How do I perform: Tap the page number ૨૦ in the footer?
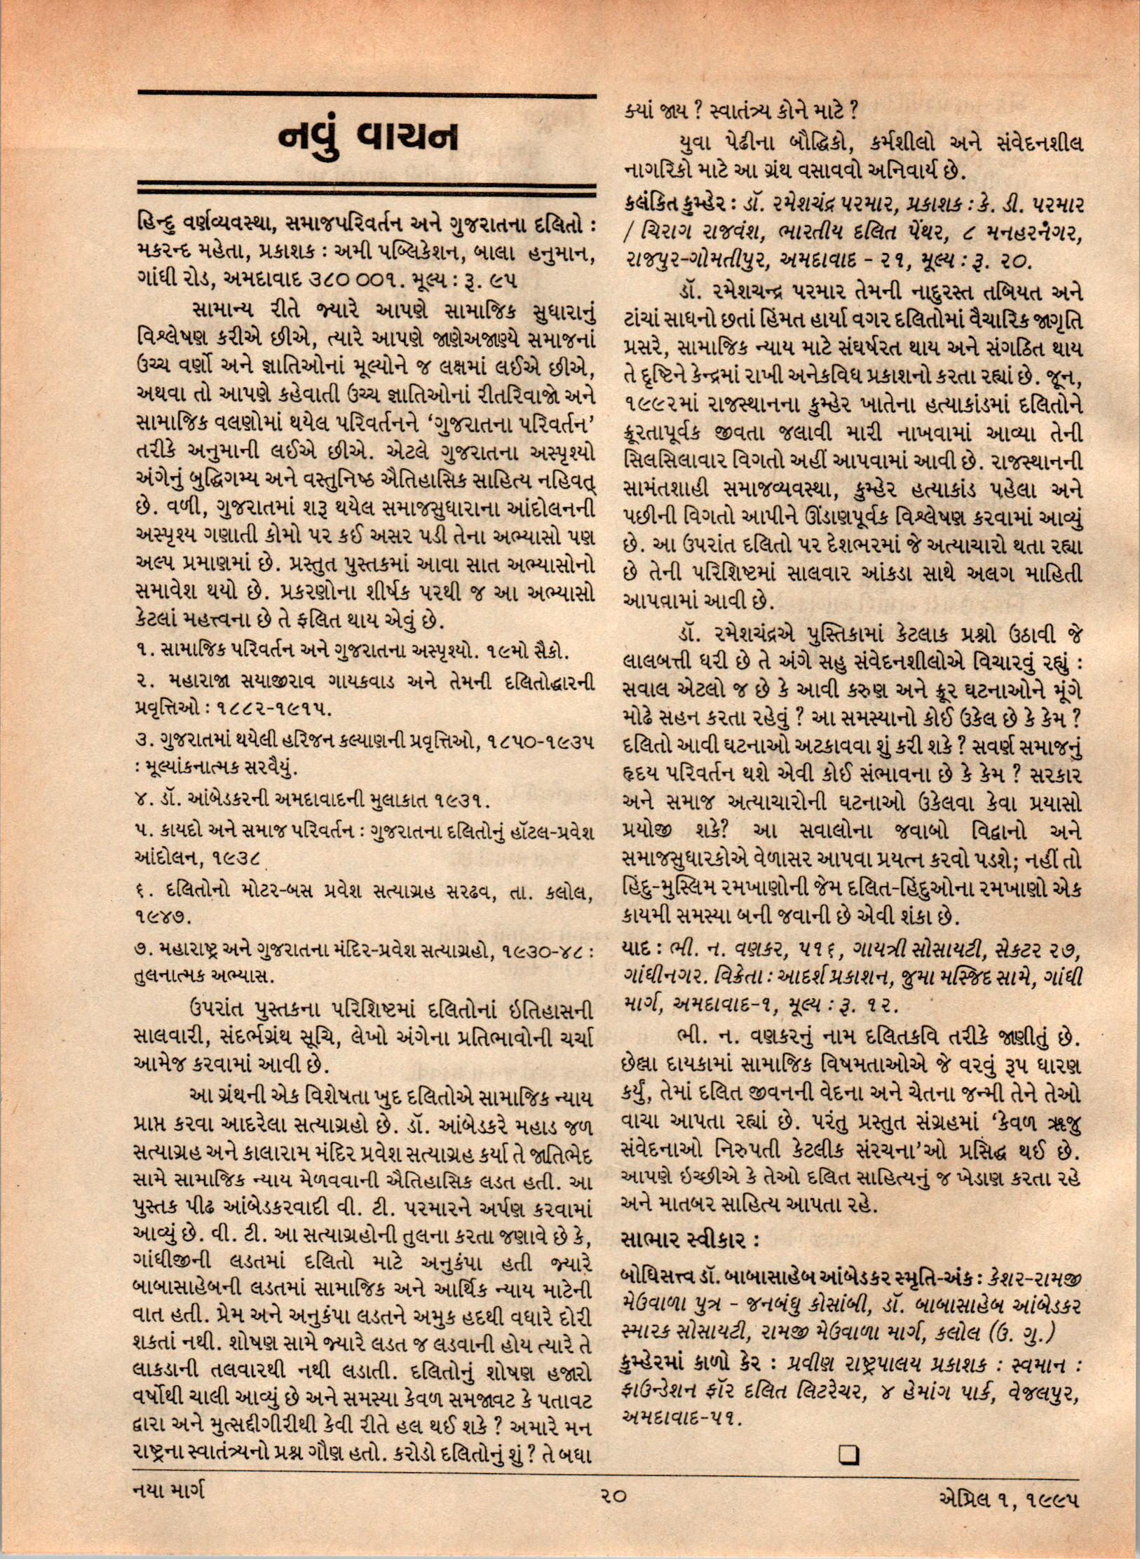click(611, 1515)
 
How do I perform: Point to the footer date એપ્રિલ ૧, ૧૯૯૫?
click(1007, 1517)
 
